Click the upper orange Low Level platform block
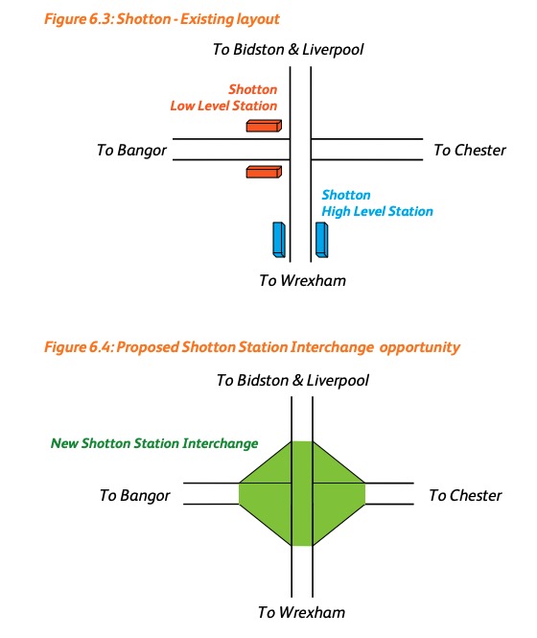(264, 126)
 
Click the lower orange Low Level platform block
(264, 172)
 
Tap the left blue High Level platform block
(279, 240)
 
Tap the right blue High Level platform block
(321, 240)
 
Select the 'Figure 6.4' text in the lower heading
(79, 347)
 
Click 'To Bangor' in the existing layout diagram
(131, 150)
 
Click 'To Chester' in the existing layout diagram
(470, 150)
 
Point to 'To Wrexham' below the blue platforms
(302, 280)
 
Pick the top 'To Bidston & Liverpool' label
(288, 50)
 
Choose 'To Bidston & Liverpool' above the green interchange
(292, 381)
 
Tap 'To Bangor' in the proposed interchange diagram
(134, 496)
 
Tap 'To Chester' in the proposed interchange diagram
(465, 496)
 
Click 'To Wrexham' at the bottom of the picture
(301, 612)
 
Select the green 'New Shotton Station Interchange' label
(154, 443)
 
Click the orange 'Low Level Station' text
(223, 106)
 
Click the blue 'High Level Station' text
(377, 211)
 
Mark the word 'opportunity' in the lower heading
(419, 347)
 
